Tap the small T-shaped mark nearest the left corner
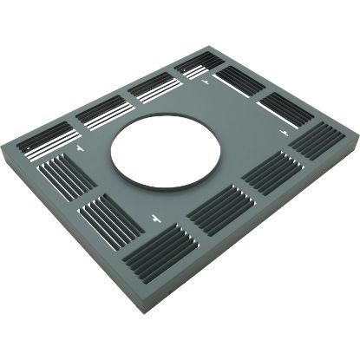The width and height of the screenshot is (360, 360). pos(81,149)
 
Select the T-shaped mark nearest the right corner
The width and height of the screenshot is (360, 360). pos(284,130)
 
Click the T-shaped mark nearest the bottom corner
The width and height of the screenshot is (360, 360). pos(154,214)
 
